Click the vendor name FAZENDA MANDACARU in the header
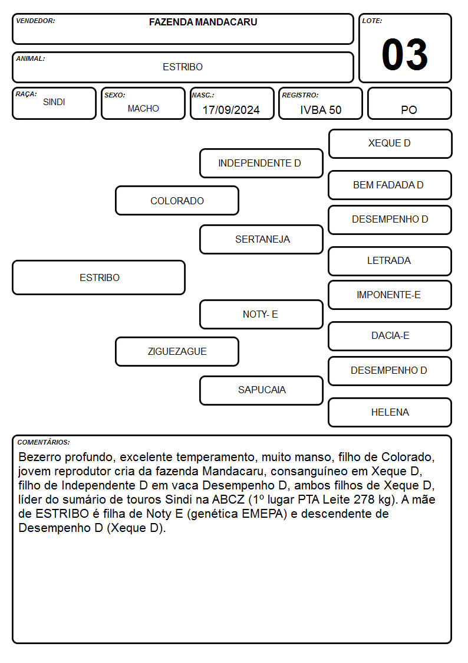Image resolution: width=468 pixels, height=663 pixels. click(x=203, y=22)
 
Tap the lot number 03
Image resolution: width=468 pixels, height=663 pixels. click(x=405, y=54)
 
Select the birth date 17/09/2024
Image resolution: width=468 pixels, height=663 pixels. click(x=231, y=110)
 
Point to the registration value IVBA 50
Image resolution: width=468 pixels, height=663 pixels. click(x=321, y=110)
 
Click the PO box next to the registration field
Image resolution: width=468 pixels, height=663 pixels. click(x=409, y=103)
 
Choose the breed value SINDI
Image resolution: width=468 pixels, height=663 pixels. click(x=54, y=102)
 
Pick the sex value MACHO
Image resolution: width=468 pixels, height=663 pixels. click(x=143, y=109)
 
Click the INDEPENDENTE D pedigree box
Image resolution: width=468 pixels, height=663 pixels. click(x=261, y=163)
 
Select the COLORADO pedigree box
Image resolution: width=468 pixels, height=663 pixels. click(x=177, y=201)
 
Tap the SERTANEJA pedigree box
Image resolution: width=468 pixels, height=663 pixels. click(x=261, y=239)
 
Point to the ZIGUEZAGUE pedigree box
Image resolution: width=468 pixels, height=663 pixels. click(x=177, y=351)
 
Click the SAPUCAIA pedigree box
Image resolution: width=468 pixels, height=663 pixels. click(x=261, y=390)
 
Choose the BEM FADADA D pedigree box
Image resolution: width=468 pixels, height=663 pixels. click(x=390, y=185)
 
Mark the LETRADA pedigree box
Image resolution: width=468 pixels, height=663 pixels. click(x=390, y=261)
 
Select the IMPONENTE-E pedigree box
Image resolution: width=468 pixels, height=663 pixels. click(x=390, y=295)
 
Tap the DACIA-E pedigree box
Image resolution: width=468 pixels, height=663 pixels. click(x=390, y=336)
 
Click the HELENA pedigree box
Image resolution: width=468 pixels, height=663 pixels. click(x=390, y=412)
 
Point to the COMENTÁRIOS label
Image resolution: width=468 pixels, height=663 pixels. click(x=44, y=442)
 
